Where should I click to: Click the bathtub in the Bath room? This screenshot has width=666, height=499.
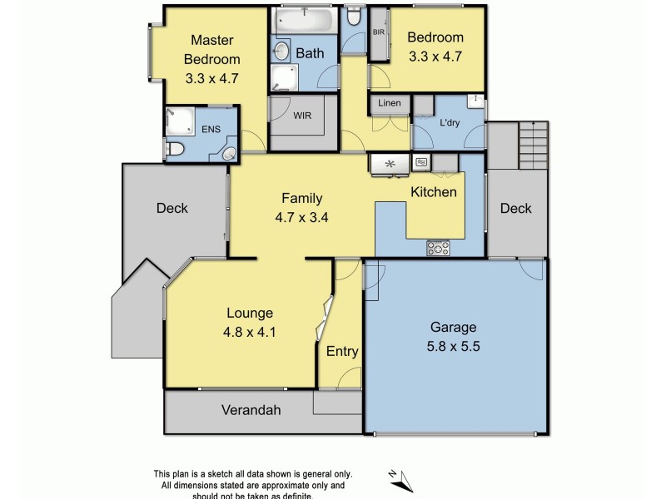click(x=303, y=21)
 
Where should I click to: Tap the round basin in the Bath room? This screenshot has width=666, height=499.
click(x=281, y=52)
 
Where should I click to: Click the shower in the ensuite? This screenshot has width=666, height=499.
click(x=178, y=121)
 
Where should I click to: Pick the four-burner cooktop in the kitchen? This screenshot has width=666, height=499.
click(x=438, y=247)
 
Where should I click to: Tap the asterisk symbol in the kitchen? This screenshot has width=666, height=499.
click(x=387, y=164)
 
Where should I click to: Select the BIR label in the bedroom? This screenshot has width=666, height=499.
click(x=378, y=32)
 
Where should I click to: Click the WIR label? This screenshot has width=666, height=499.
click(x=302, y=116)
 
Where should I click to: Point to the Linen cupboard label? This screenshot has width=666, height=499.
click(x=390, y=103)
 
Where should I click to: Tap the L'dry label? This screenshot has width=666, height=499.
click(x=450, y=123)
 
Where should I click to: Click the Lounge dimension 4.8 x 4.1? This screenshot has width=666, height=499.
click(x=250, y=330)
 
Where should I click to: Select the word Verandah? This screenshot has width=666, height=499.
click(x=251, y=410)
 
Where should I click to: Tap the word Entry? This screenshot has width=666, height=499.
click(x=342, y=352)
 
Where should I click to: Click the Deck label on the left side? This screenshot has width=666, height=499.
click(x=172, y=209)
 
